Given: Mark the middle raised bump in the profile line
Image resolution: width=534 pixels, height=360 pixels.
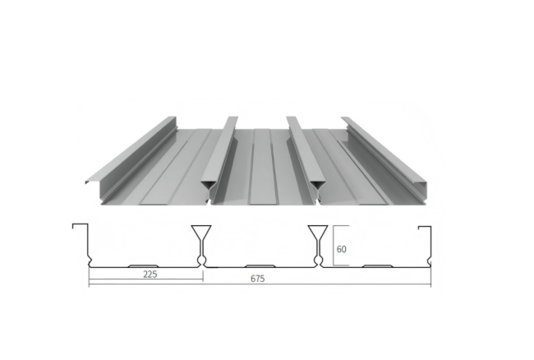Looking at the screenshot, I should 259,265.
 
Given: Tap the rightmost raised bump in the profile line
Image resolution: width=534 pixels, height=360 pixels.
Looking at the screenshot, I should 377,265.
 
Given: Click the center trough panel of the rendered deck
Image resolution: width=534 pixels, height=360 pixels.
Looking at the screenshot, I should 265,164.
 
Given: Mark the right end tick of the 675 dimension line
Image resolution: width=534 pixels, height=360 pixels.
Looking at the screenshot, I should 430,284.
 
